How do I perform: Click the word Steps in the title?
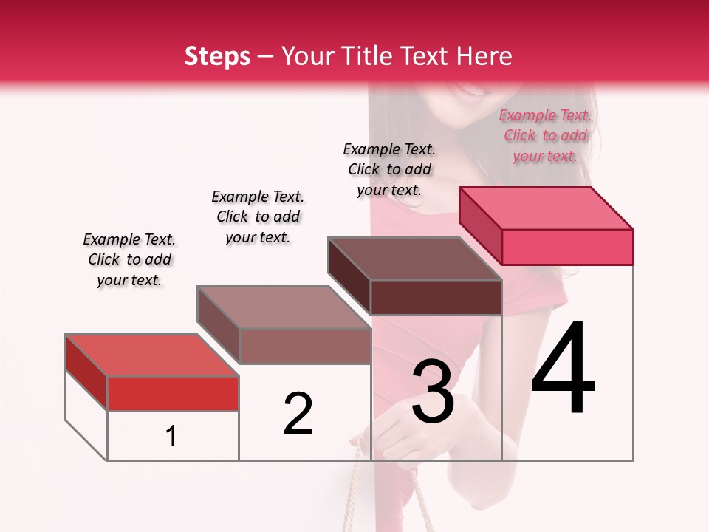tap(217, 56)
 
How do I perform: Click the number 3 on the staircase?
tap(433, 391)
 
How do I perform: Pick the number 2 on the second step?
tap(298, 414)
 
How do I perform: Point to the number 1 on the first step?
tap(171, 436)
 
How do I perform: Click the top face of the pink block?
tap(547, 208)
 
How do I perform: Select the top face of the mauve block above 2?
tap(284, 307)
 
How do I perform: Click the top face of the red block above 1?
tap(152, 355)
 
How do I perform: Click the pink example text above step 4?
tap(545, 136)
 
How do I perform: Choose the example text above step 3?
tap(389, 169)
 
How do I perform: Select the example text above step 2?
tap(258, 216)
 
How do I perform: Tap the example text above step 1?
tap(129, 259)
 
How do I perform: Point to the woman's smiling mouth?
tap(469, 90)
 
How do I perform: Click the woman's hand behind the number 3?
tap(403, 432)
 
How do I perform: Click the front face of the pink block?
tap(567, 247)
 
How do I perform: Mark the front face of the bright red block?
tap(173, 393)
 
